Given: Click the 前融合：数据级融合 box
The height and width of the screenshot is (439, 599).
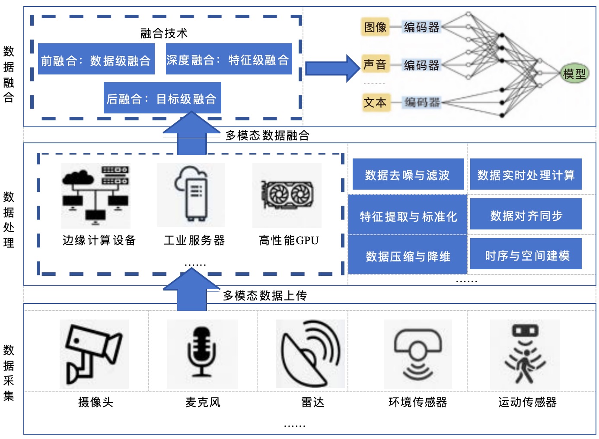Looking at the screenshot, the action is coord(96,59).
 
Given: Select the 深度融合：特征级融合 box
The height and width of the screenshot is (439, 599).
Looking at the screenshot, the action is coord(229,59).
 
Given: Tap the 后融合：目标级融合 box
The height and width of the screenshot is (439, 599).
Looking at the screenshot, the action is coord(162,98).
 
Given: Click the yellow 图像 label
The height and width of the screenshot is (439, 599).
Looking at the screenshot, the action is coord(375,27).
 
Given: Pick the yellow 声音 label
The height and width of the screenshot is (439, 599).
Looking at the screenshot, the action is coord(375,64).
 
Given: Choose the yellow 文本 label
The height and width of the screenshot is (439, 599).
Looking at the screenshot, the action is coord(376,102).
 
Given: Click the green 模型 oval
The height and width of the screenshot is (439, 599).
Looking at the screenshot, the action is coord(574,73).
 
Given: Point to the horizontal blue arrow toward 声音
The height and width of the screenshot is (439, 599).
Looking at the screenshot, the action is coord(333,68).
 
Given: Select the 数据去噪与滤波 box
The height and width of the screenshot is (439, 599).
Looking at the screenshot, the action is coord(408,174).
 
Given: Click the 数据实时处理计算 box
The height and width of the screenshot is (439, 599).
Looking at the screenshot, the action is coord(526,174).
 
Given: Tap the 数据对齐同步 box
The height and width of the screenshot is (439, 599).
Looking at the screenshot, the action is coord(526,214).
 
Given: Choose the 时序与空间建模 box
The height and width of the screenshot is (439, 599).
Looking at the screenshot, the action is coord(526,254).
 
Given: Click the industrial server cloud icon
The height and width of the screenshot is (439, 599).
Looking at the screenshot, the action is coord(191,194).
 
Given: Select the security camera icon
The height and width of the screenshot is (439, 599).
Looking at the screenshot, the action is coord(94,354).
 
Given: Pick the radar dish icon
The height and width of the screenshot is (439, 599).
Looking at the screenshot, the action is coord(310,353).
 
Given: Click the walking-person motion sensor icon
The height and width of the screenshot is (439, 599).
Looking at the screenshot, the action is coord(525,354).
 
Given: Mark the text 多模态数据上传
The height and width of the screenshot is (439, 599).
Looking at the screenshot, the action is coord(265,296).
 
